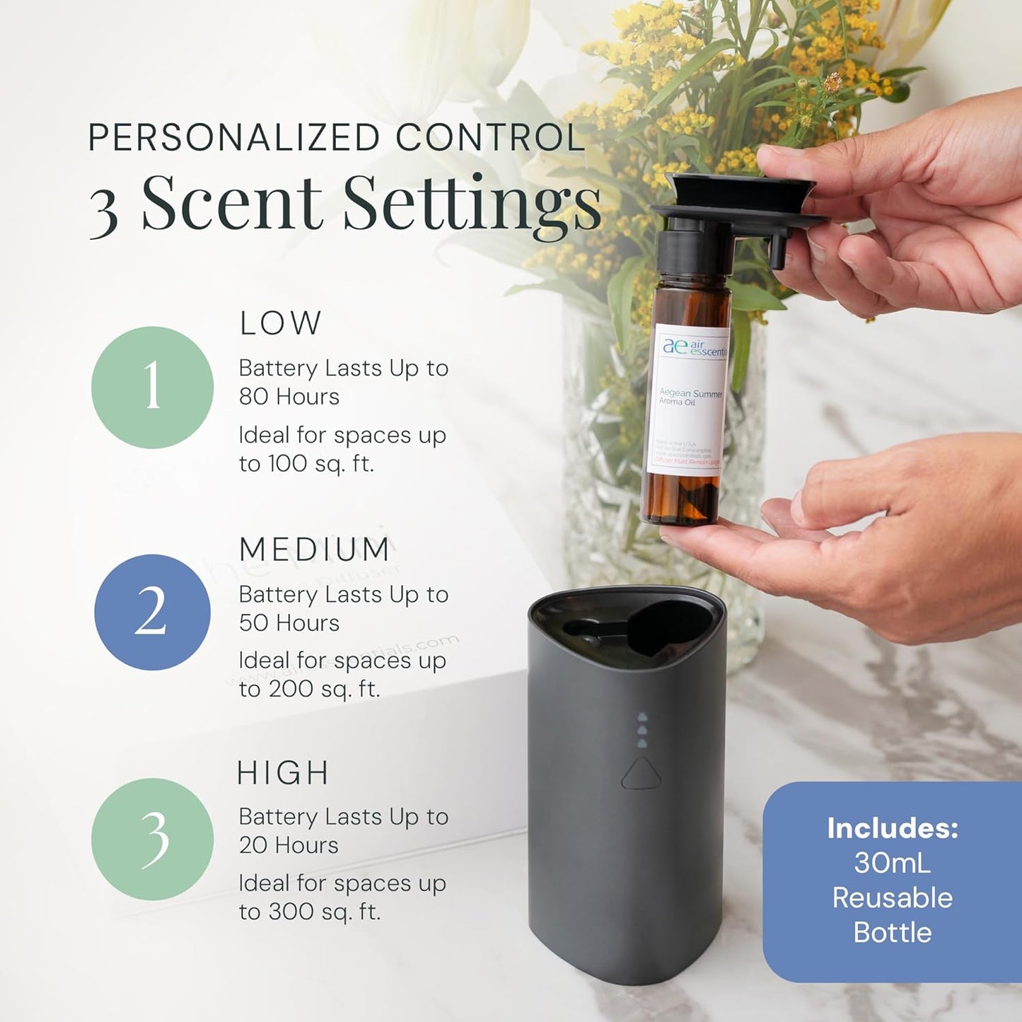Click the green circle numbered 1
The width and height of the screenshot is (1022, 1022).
coord(152,387)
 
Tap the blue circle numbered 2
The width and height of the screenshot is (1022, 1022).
coord(152,612)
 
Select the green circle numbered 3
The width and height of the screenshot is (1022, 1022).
coord(152,839)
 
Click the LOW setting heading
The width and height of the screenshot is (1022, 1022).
coord(280,323)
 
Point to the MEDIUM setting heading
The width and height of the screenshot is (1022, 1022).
coord(314,550)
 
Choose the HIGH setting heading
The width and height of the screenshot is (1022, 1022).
coord(283,773)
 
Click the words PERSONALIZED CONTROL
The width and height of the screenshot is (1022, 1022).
coord(336,137)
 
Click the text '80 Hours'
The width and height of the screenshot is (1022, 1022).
coord(289,397)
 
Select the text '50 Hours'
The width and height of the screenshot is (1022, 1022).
coord(289,623)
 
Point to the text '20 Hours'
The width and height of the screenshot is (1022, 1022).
coord(289,845)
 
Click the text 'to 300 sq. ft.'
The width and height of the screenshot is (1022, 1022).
coord(310,912)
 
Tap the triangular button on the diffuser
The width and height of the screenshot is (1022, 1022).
coord(641,774)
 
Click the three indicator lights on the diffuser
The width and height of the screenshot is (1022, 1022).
coord(642,730)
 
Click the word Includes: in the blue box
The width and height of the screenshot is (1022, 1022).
coord(893,828)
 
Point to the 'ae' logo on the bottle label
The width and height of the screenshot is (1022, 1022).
coord(674,346)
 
